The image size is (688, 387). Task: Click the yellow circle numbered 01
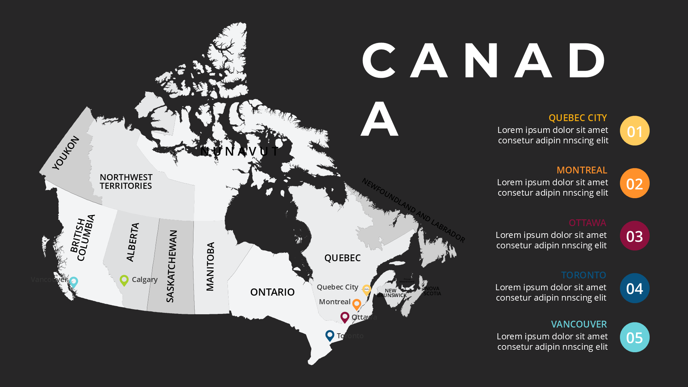click(635, 131)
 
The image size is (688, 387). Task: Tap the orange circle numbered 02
click(635, 183)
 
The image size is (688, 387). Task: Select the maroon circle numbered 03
click(635, 236)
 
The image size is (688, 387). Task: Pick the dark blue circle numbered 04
click(635, 288)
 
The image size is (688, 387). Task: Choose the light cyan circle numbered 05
click(635, 337)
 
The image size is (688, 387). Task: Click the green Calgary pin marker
click(124, 280)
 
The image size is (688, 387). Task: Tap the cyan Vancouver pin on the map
click(73, 282)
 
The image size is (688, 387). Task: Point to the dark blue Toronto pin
click(330, 335)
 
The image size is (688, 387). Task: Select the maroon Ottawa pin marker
click(345, 317)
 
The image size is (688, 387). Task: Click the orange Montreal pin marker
click(357, 304)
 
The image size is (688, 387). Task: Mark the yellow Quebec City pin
click(367, 289)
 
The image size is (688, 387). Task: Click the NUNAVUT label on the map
click(239, 152)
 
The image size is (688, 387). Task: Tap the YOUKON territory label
click(66, 153)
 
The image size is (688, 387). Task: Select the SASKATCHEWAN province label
click(172, 266)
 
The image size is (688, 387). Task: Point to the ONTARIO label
click(272, 292)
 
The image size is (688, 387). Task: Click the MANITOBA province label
click(210, 266)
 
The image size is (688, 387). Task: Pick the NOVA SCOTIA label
click(432, 291)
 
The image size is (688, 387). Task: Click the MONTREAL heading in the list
click(582, 170)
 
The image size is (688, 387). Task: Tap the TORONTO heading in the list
click(583, 275)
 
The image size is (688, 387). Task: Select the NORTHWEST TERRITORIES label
click(126, 182)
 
